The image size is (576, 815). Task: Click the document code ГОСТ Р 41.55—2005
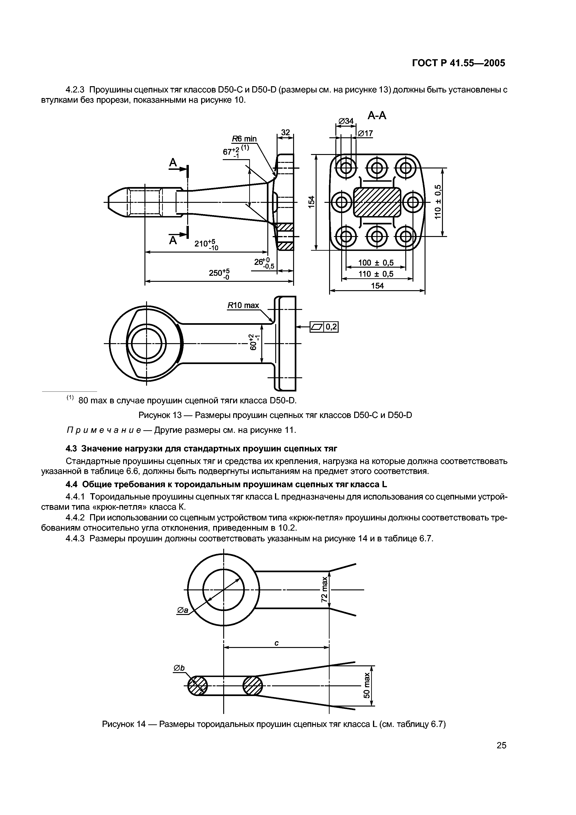[x=458, y=63]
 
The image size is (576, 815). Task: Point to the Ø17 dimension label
[x=365, y=133]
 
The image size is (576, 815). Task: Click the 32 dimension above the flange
[x=285, y=133]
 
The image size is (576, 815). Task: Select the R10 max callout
[x=243, y=305]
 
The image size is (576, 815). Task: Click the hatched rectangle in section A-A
[x=377, y=202]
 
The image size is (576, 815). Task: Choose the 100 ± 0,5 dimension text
[x=376, y=263]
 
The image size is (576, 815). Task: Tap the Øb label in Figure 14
[x=179, y=668]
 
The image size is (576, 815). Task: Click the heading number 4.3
[x=72, y=449]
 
